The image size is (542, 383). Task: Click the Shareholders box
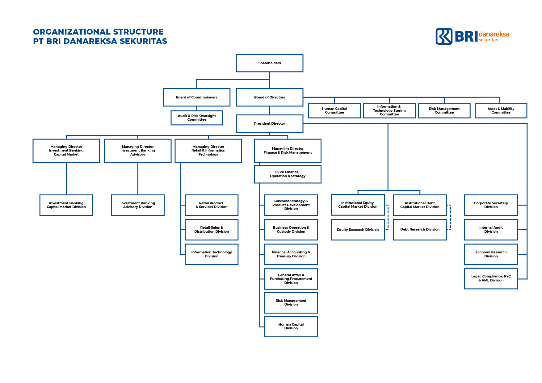[269, 63]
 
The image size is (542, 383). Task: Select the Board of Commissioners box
[196, 97]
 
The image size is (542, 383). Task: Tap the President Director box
[269, 123]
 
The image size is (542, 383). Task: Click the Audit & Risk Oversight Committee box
[197, 118]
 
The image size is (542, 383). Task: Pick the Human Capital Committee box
[334, 110]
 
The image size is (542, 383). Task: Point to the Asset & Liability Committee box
[501, 110]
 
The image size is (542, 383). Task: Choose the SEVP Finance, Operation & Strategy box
[288, 174]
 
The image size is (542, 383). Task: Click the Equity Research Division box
[358, 230]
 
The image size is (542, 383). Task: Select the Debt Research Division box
[420, 229]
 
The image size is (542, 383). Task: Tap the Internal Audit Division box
[491, 230]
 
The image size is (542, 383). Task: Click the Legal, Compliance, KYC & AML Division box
[491, 278]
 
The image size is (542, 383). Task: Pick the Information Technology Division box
[211, 254]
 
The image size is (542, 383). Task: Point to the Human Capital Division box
[291, 326]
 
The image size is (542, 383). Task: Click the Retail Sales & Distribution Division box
[211, 230]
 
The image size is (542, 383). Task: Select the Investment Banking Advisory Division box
[137, 205]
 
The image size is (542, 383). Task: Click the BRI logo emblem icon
[444, 36]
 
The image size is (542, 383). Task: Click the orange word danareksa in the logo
[494, 34]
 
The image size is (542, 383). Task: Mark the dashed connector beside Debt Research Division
[450, 218]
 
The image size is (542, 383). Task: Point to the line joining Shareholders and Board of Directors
[270, 80]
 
